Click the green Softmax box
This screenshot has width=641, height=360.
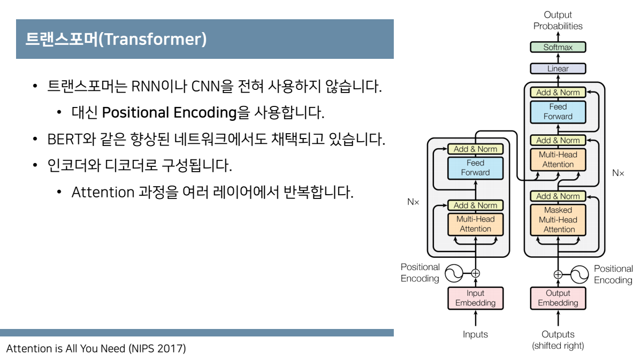click(558, 47)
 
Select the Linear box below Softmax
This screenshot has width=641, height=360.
click(558, 68)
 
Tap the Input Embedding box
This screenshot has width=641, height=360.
click(475, 298)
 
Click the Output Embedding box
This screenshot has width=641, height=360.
click(558, 298)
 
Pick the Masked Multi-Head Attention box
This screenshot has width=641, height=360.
click(558, 220)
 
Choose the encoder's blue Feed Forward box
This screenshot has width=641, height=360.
click(475, 167)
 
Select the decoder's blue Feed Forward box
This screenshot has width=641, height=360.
click(558, 111)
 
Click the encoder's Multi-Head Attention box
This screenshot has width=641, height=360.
click(475, 224)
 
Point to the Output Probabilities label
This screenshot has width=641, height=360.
click(558, 21)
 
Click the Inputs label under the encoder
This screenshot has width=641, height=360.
click(475, 334)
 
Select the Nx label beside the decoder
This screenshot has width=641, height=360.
click(618, 173)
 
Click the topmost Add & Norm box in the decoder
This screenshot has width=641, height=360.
click(558, 93)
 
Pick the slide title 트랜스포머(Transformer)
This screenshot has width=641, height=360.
click(116, 40)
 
